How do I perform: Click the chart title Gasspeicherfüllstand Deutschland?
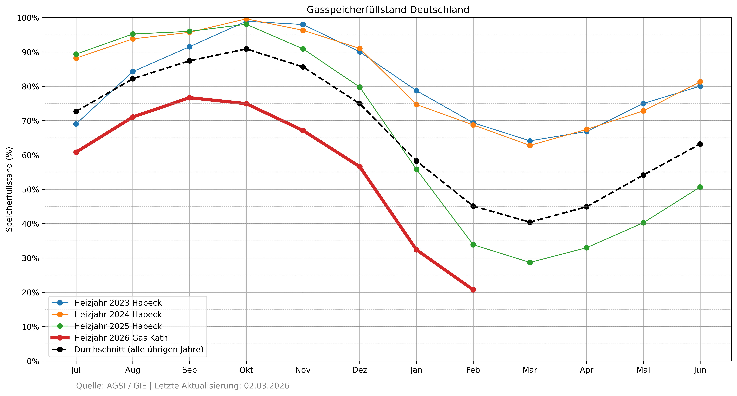388,10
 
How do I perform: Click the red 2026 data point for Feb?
473,290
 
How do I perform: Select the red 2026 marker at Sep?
189,98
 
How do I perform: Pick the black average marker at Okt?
246,49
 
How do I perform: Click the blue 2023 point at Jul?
76,124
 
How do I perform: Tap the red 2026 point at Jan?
416,250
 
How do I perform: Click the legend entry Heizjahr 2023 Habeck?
118,303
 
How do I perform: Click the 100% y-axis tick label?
28,18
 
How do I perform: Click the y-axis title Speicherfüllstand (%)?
9,189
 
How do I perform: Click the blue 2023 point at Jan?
416,91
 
